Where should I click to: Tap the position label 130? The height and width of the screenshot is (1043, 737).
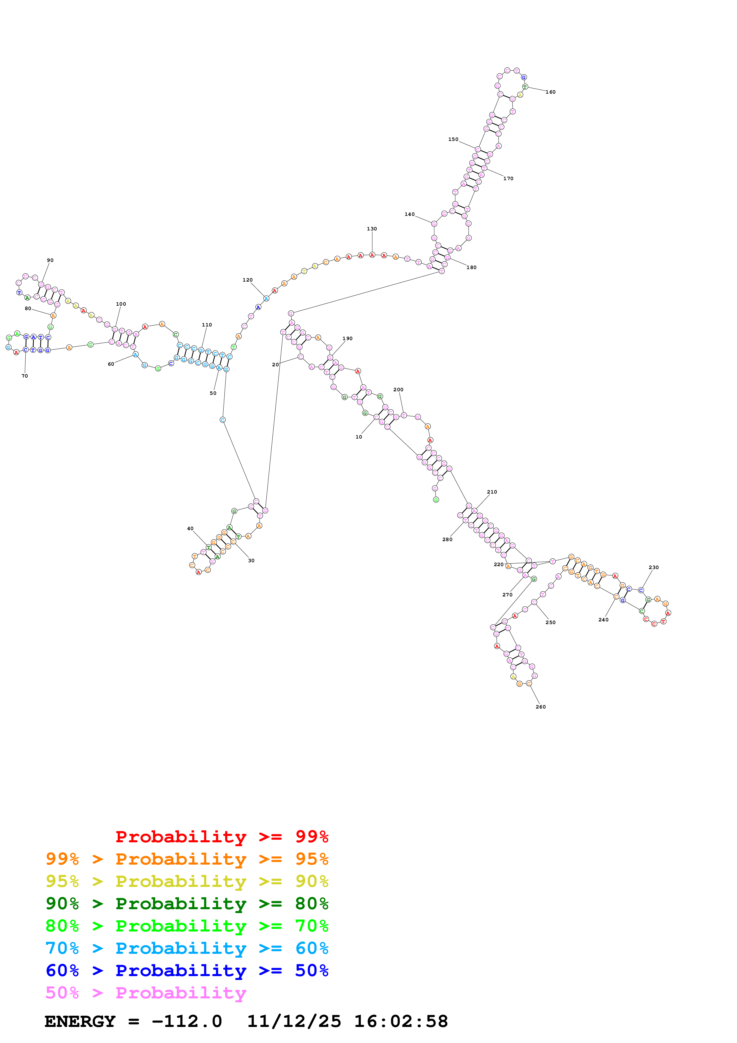372,229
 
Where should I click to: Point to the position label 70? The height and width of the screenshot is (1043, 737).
24,376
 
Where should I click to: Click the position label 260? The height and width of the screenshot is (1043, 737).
540,707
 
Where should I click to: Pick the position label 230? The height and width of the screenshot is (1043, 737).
653,567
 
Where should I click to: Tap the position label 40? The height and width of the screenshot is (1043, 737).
190,529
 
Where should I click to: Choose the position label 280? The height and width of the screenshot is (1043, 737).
447,540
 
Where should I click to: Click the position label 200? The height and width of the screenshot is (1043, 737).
398,390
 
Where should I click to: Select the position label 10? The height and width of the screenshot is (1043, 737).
359,437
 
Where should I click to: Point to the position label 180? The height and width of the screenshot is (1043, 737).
471,268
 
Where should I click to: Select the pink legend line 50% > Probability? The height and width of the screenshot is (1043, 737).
146,993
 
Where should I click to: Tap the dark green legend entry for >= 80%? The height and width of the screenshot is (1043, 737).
187,904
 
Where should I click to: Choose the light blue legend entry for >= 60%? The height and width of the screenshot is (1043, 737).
187,948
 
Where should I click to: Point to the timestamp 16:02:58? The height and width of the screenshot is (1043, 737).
401,1022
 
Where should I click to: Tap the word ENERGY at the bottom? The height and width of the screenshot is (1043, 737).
80,1022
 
